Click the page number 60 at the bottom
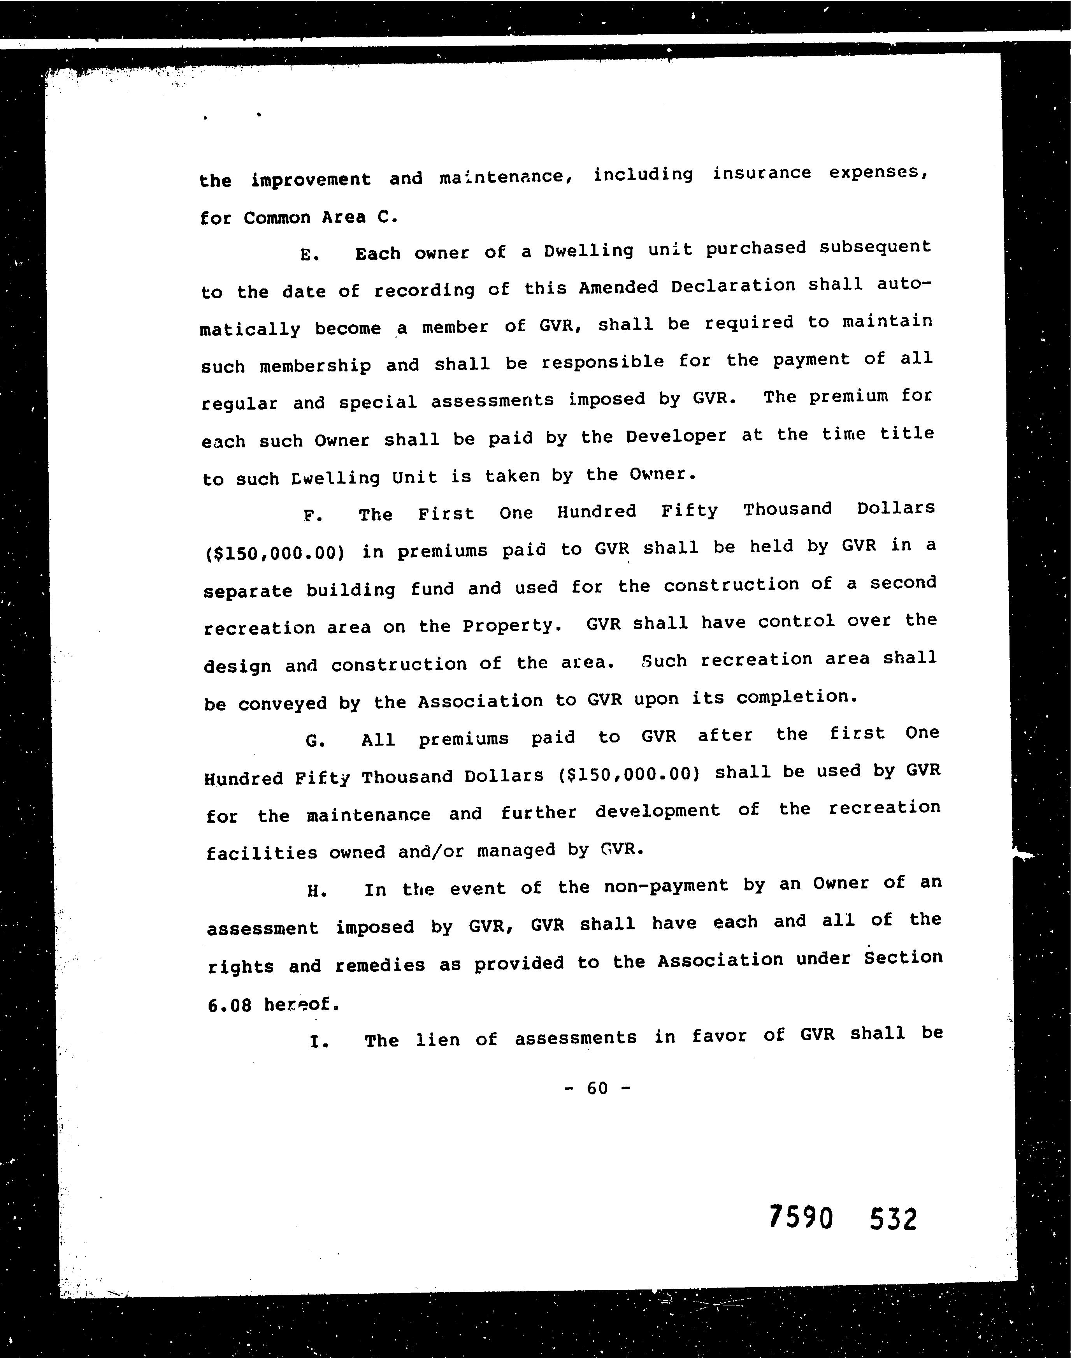(x=597, y=1088)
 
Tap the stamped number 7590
(x=801, y=1219)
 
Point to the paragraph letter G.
(x=315, y=741)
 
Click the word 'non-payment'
(x=666, y=886)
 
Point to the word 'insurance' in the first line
(x=761, y=173)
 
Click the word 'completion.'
(x=796, y=697)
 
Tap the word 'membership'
(x=315, y=366)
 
